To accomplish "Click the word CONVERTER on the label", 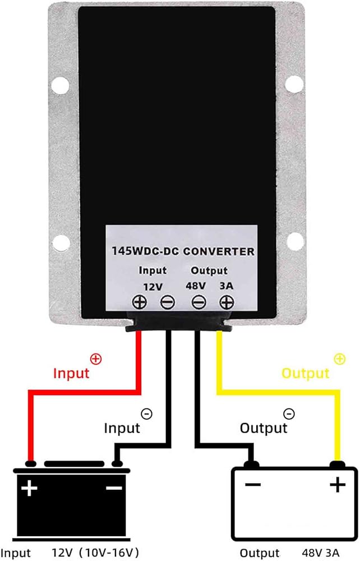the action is pyautogui.click(x=219, y=251).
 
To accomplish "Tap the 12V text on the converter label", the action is pyautogui.click(x=153, y=287).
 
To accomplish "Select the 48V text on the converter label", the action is pyautogui.click(x=196, y=286).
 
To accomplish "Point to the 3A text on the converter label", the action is pyautogui.click(x=227, y=286).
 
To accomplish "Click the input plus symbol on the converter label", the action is pyautogui.click(x=140, y=302).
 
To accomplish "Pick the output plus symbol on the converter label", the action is pyautogui.click(x=227, y=302).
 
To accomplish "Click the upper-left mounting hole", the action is pyautogui.click(x=60, y=85).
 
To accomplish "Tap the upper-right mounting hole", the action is pyautogui.click(x=294, y=85).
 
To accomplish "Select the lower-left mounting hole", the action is pyautogui.click(x=60, y=242).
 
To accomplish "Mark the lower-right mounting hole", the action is pyautogui.click(x=294, y=241).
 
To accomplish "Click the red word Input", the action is pyautogui.click(x=71, y=373).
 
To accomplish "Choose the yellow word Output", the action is pyautogui.click(x=305, y=373).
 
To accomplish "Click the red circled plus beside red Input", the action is pyautogui.click(x=96, y=359).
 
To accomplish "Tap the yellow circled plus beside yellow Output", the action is pyautogui.click(x=339, y=359).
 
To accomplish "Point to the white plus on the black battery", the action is pyautogui.click(x=29, y=488).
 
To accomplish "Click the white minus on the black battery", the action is pyautogui.click(x=114, y=488).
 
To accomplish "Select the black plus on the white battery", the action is pyautogui.click(x=338, y=485).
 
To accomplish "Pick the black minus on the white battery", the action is pyautogui.click(x=253, y=485).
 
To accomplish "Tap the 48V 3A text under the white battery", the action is pyautogui.click(x=321, y=553).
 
